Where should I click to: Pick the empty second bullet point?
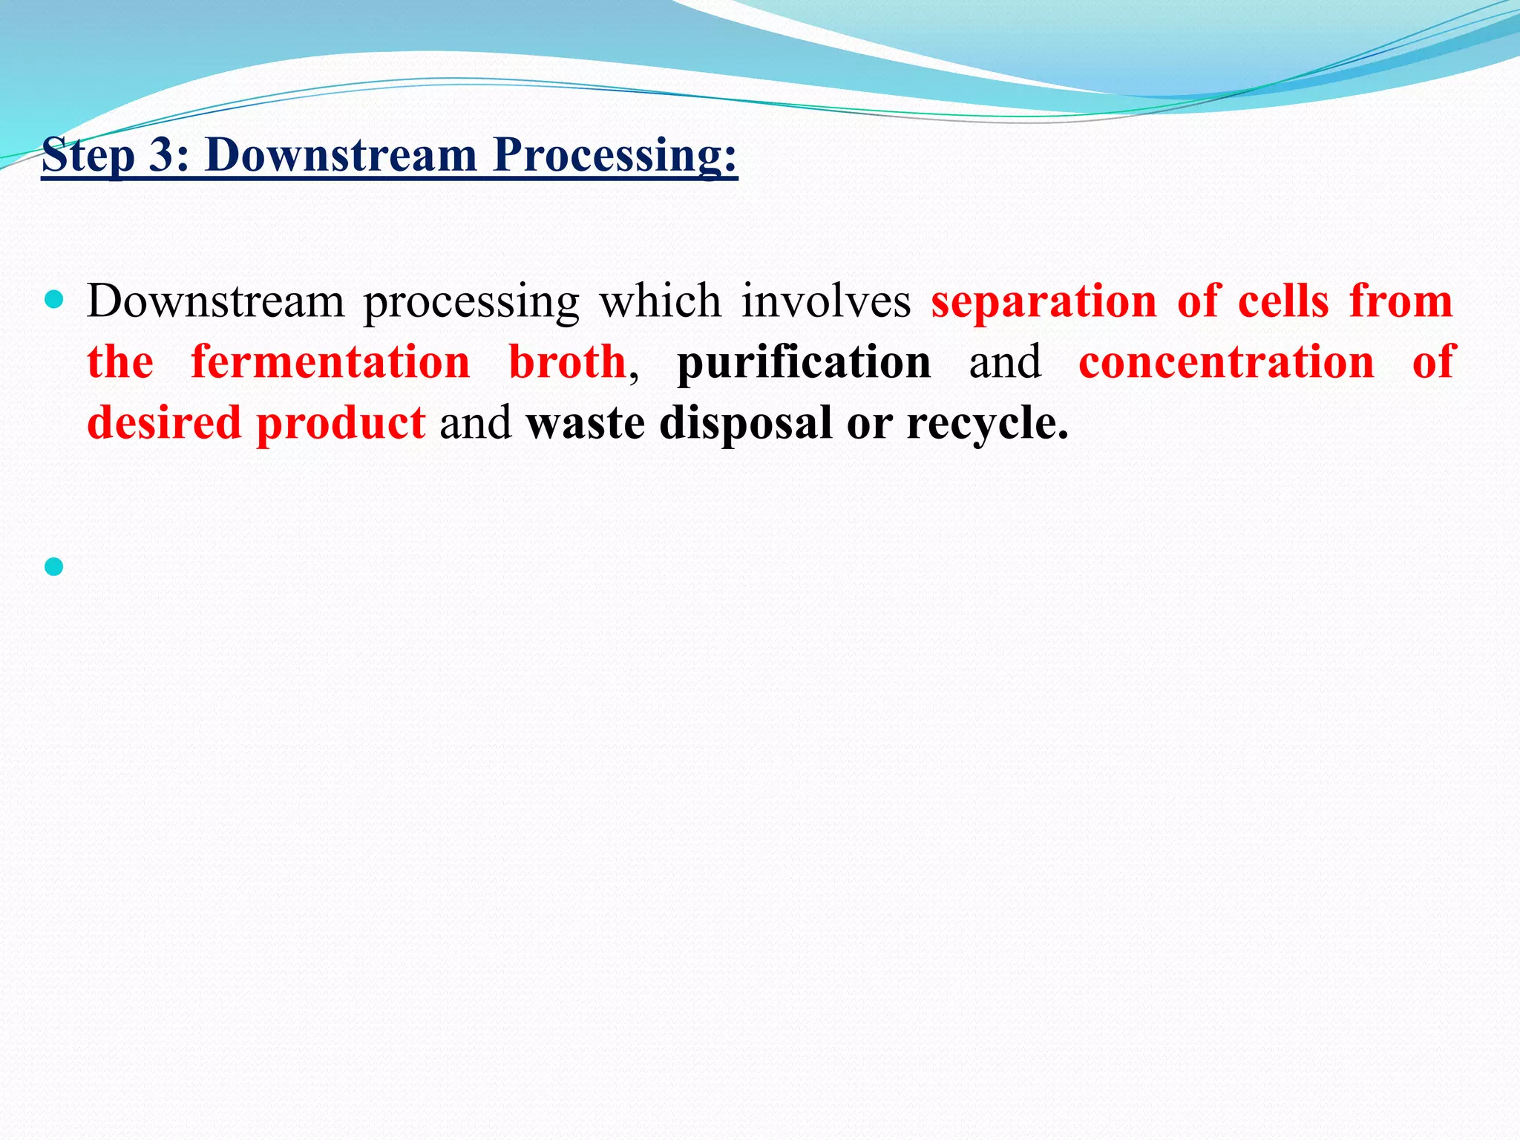(x=53, y=567)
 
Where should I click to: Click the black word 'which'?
(x=660, y=302)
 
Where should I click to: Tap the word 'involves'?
(x=826, y=302)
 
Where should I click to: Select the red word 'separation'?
(x=1044, y=302)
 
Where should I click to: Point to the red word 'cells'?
(x=1282, y=302)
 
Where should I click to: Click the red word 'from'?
(x=1401, y=302)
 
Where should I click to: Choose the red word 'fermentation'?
(x=330, y=363)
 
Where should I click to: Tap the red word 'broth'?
(x=567, y=363)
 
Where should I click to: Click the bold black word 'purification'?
(x=803, y=363)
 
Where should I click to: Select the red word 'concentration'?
(x=1226, y=363)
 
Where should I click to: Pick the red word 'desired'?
(x=163, y=423)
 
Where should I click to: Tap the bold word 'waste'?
(x=585, y=423)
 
